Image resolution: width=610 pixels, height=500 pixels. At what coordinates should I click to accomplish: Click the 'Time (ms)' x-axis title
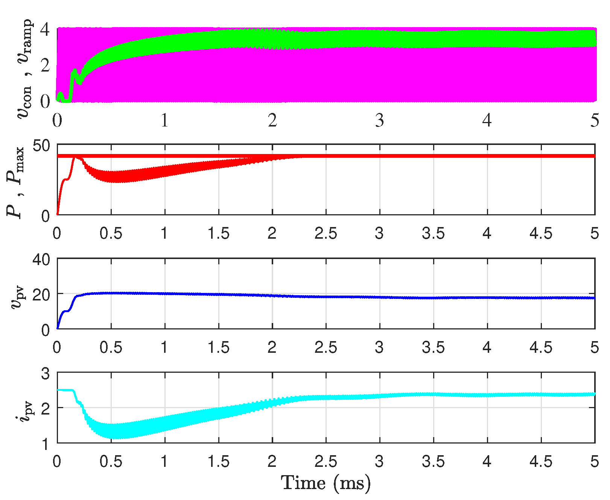(x=326, y=483)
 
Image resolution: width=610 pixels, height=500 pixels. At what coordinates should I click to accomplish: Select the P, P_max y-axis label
(x=15, y=182)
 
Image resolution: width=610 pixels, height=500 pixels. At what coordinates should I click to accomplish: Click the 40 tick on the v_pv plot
(x=41, y=259)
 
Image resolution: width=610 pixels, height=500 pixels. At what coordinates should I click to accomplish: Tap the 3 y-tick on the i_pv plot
(x=46, y=374)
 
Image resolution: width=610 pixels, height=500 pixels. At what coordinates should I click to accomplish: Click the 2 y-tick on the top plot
(x=46, y=66)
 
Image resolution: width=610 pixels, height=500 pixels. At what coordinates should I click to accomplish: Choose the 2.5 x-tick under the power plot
(x=326, y=234)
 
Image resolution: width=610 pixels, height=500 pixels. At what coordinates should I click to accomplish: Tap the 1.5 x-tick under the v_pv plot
(x=218, y=348)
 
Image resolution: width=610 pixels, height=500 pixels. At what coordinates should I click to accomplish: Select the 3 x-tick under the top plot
(x=379, y=120)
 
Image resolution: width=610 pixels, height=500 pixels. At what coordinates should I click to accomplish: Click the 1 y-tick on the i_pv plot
(x=46, y=444)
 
